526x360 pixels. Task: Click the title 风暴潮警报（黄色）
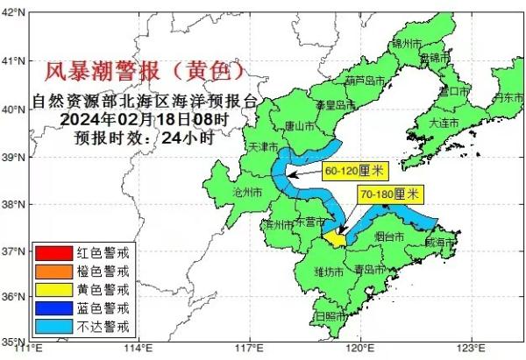145,68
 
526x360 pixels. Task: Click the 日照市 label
331,315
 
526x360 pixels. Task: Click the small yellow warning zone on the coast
334,236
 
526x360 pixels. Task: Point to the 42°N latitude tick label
14,14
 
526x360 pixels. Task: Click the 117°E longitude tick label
249,351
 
